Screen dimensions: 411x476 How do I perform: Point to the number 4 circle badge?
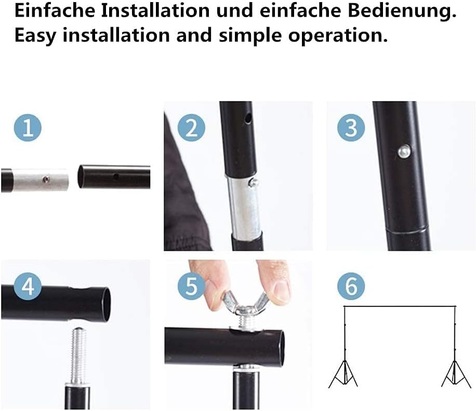pyautogui.click(x=28, y=287)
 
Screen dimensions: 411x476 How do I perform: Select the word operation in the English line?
pyautogui.click(x=345, y=35)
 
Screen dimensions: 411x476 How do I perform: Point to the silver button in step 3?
pyautogui.click(x=403, y=151)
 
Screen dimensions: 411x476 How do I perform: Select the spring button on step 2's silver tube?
pyautogui.click(x=253, y=183)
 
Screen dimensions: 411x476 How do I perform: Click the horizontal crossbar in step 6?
pyautogui.click(x=399, y=306)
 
